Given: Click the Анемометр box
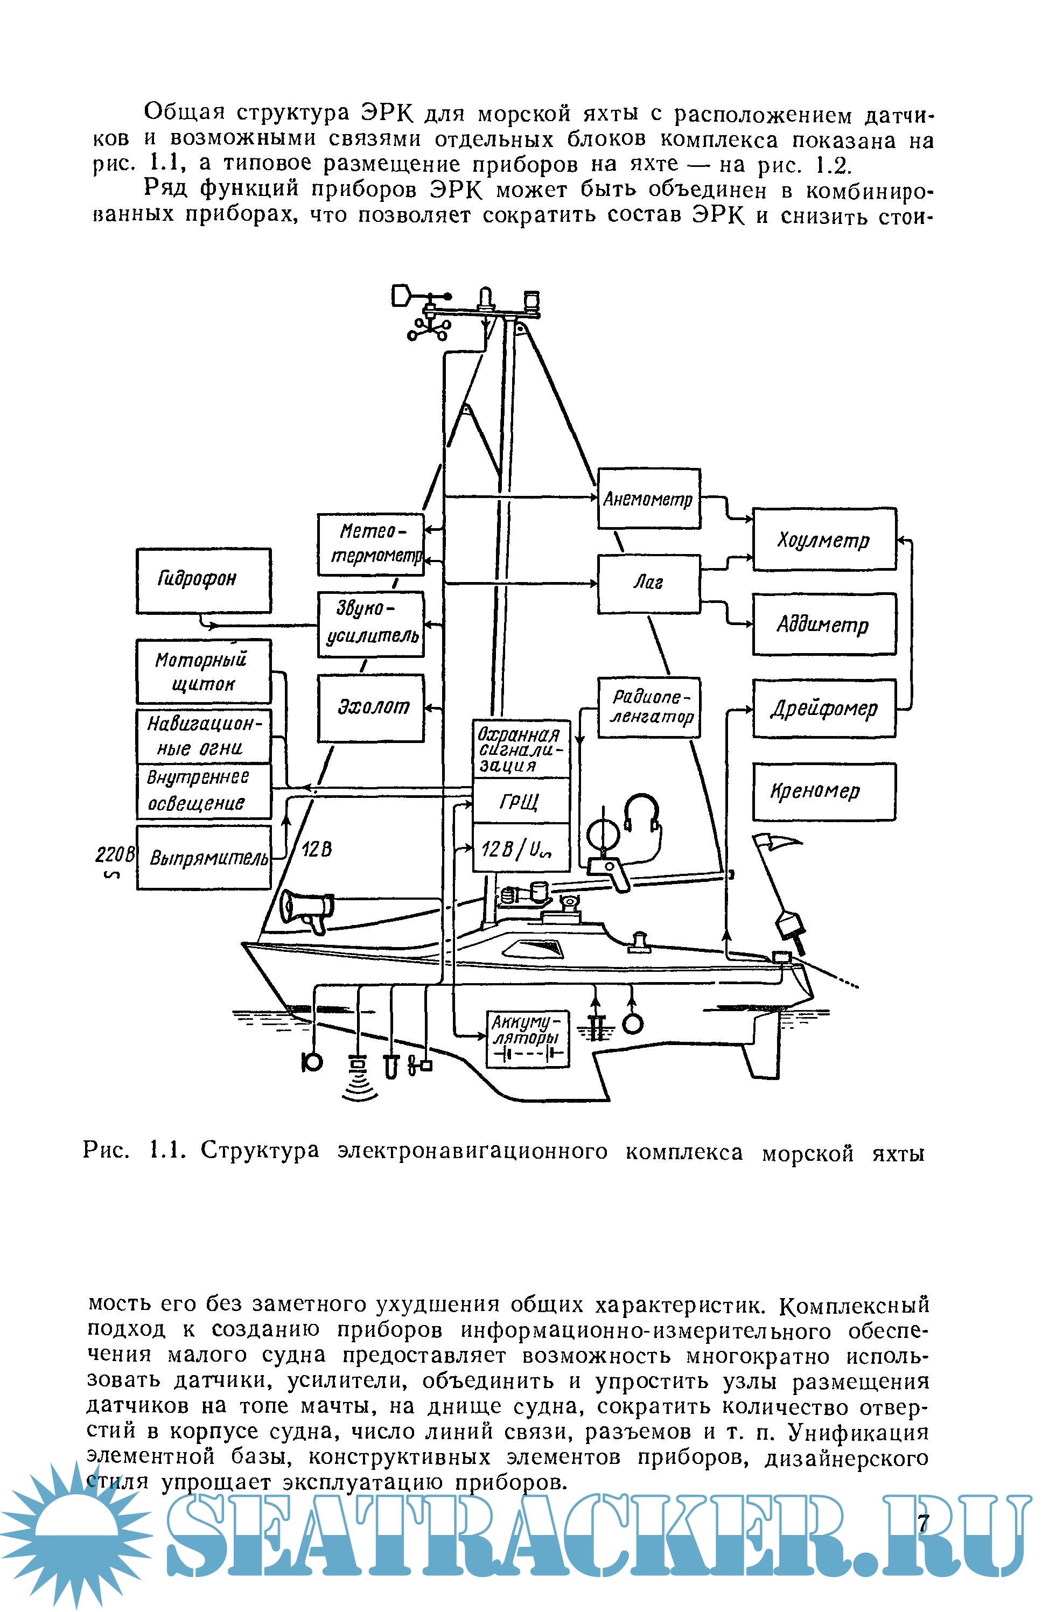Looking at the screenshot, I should point(648,499).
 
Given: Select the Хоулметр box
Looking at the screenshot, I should point(824,539).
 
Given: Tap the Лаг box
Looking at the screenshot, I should point(648,584).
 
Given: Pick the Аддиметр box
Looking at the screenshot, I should point(824,624).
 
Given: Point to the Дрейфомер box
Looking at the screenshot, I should point(824,709).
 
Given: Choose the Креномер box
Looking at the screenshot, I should point(824,791).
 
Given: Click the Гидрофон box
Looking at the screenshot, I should point(203,580).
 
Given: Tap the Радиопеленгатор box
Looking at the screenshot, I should point(648,708).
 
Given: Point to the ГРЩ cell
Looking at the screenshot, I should point(520,801).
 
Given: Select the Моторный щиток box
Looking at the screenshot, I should point(203,671).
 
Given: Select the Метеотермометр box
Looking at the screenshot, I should point(371,544).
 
